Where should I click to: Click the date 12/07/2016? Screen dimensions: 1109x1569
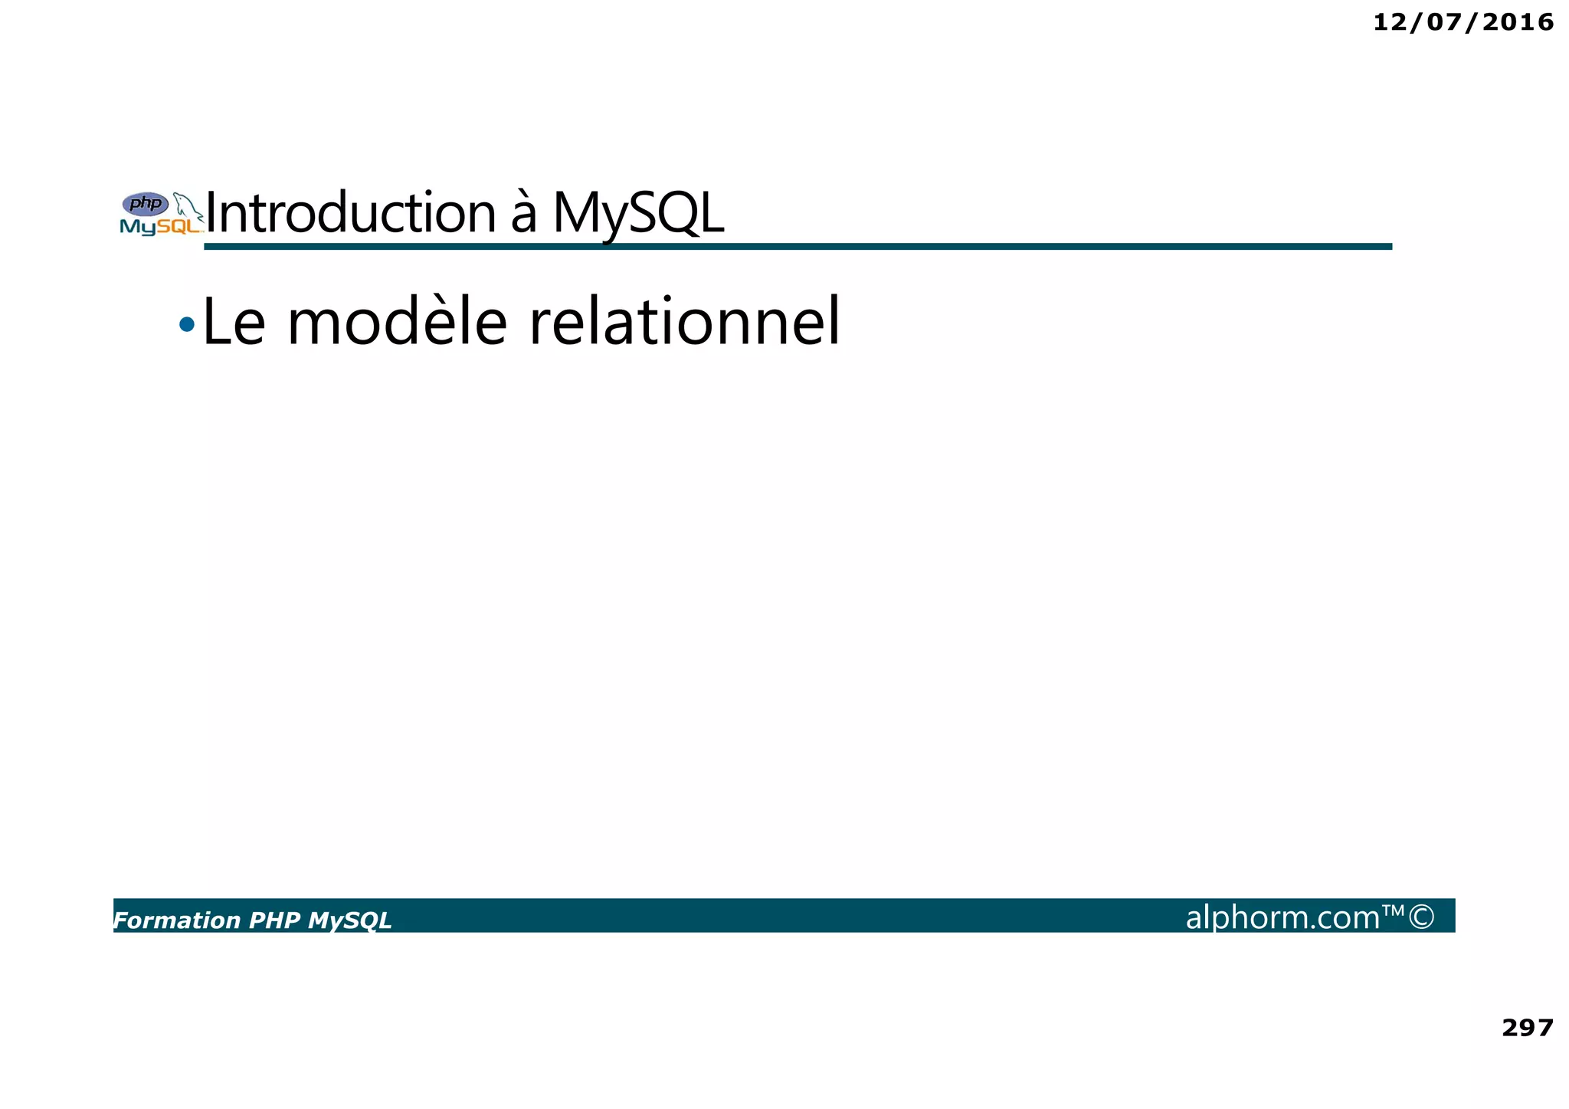point(1463,23)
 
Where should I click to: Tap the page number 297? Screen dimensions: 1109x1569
point(1527,1028)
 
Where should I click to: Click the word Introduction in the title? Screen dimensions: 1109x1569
point(351,213)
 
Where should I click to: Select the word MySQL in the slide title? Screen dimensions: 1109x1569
point(637,213)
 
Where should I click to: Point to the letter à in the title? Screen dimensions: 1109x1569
point(523,215)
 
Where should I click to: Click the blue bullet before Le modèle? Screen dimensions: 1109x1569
point(186,325)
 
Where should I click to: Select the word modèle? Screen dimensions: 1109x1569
point(397,323)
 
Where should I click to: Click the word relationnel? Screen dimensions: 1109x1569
point(684,323)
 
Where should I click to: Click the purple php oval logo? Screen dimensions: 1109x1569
point(146,204)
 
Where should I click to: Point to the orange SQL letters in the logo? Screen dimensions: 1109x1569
point(178,227)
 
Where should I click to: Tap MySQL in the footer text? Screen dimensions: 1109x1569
point(349,920)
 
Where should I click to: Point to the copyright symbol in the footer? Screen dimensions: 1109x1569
point(1421,917)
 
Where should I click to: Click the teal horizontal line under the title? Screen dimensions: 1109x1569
point(797,246)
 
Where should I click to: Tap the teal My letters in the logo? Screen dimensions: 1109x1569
point(138,227)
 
